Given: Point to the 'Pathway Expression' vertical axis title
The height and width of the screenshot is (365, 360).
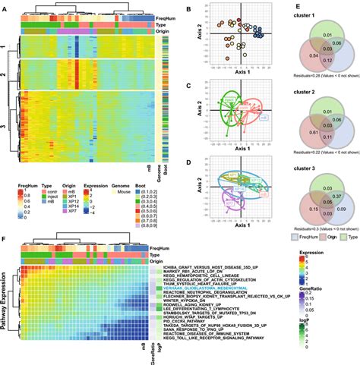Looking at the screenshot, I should click(x=7, y=300).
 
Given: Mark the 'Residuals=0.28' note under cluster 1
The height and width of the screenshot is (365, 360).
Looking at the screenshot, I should click(x=302, y=76).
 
